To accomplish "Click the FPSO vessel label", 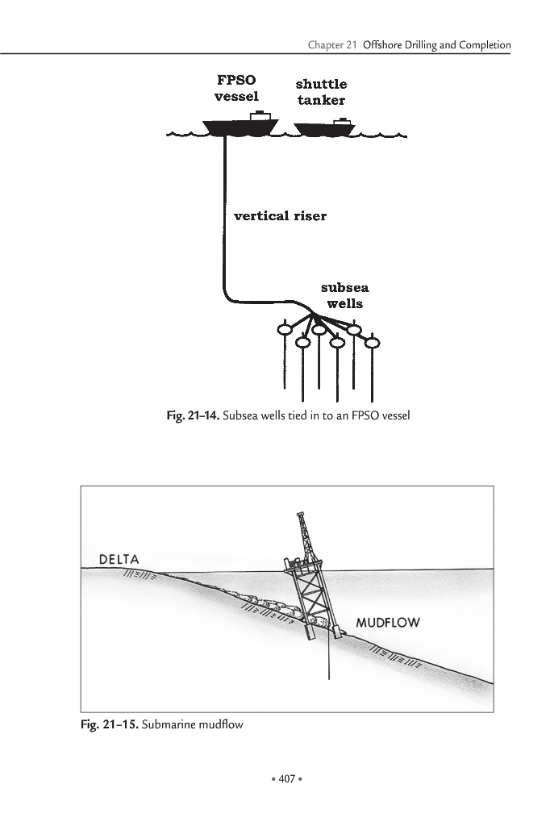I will (236, 89).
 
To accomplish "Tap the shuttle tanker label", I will (321, 92).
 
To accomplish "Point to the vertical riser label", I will (280, 216).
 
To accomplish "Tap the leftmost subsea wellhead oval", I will (284, 328).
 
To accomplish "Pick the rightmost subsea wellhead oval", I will (373, 343).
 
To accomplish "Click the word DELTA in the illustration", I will (119, 559).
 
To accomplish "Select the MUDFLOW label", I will (388, 623).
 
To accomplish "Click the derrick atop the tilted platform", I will (303, 536).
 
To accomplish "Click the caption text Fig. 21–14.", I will (191, 416).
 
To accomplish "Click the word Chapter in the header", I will (326, 46).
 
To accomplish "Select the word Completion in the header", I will (484, 46).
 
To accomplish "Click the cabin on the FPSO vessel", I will (260, 116).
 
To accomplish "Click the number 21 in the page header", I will (352, 46).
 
